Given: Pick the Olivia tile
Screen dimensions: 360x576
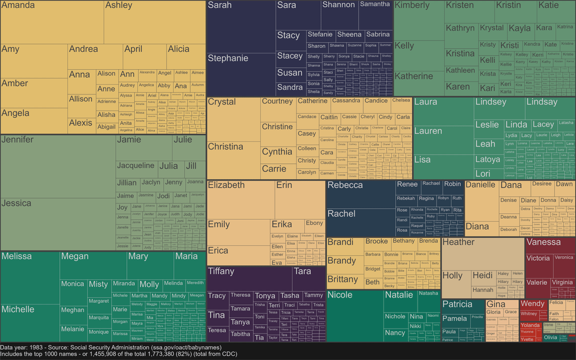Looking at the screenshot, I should pos(550,338).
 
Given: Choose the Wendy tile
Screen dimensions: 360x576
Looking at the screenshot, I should pos(532,304).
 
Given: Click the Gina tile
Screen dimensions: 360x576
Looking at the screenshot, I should pos(495,304).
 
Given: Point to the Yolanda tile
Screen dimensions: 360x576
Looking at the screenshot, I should pos(530,325).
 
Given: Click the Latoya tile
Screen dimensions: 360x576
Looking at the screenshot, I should pos(488,159).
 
